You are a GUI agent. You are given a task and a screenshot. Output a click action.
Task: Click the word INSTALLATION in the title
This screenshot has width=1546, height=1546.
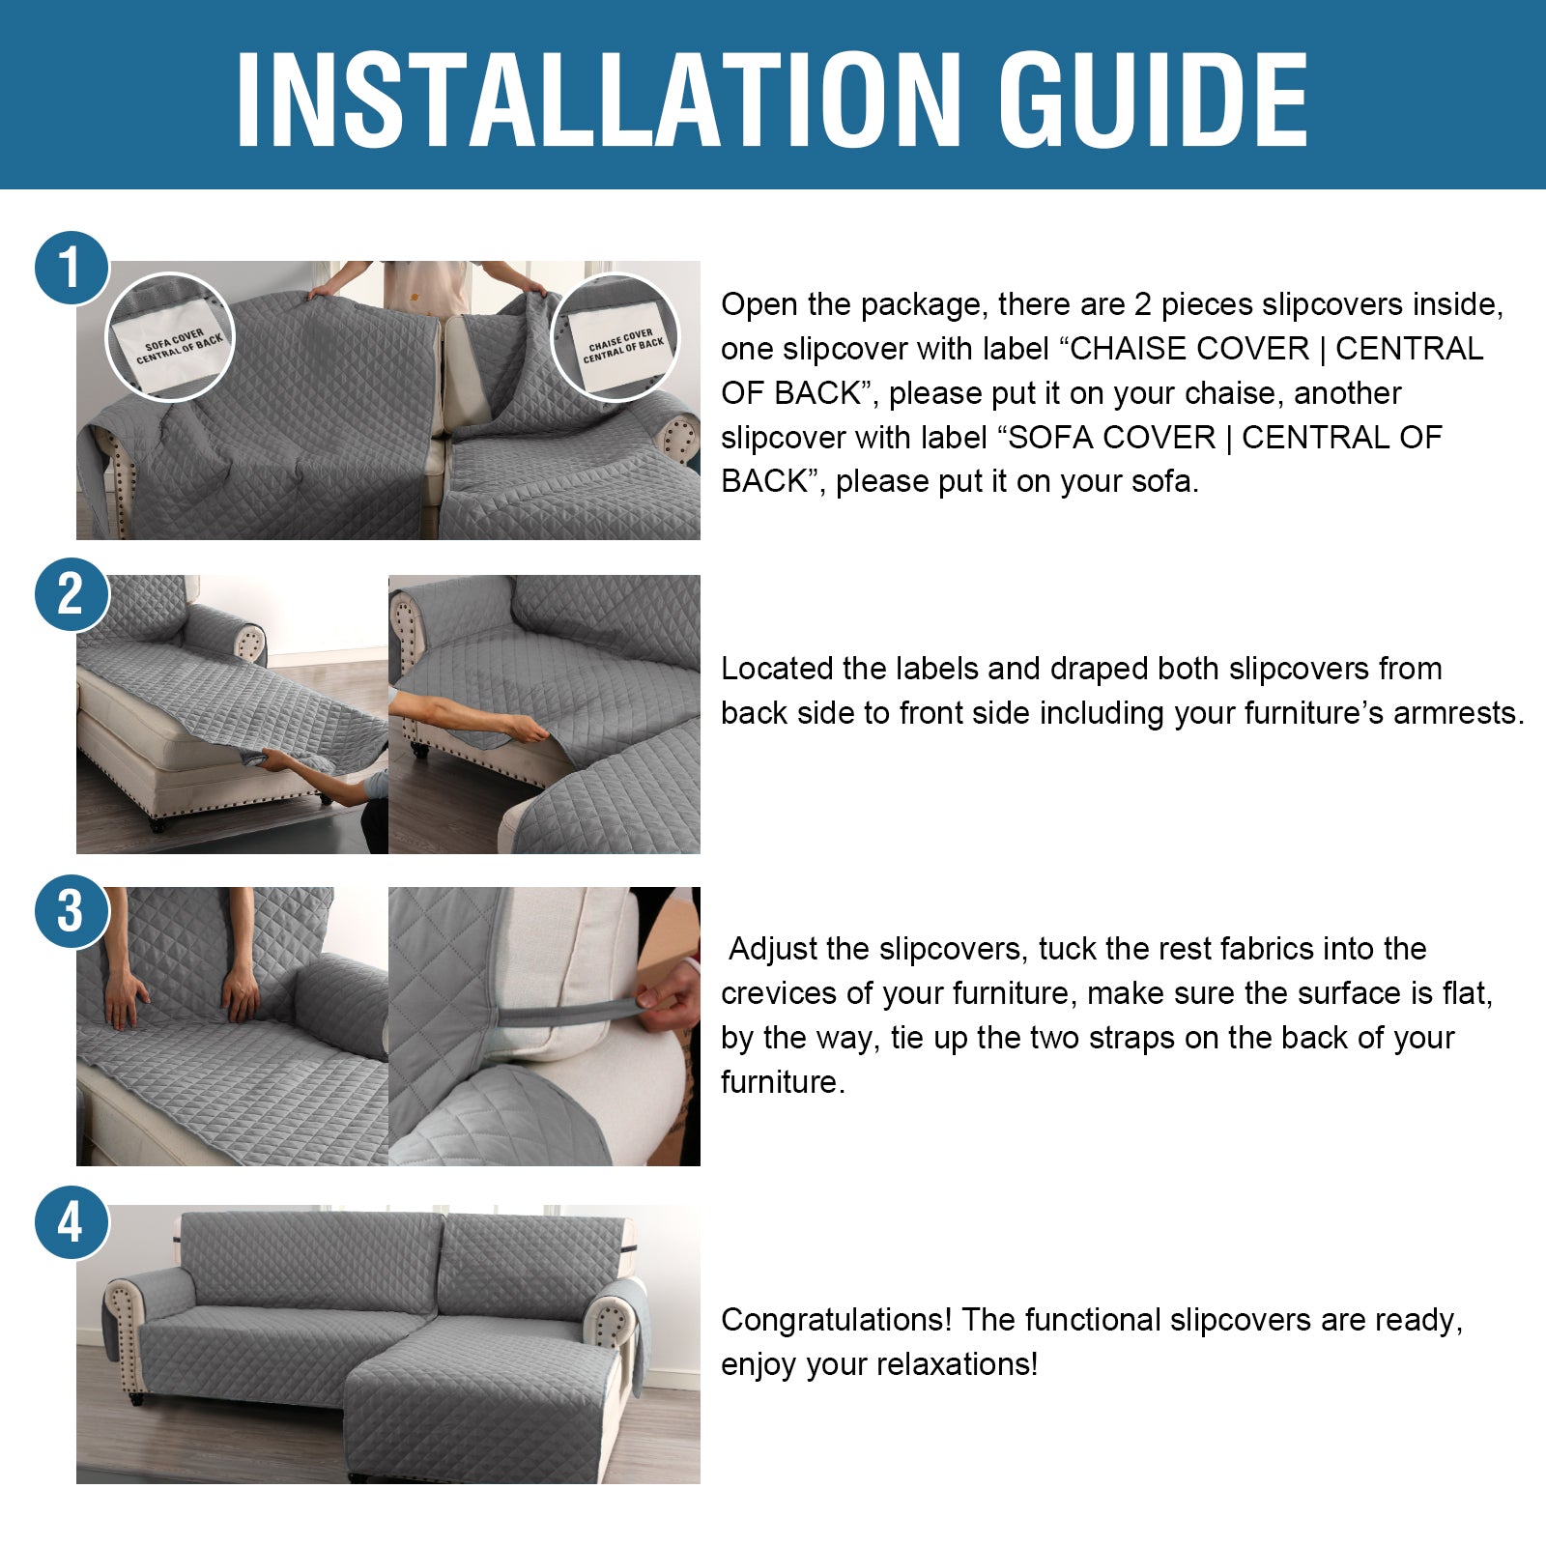click(x=599, y=100)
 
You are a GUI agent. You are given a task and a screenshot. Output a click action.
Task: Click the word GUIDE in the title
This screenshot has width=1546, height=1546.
click(x=1154, y=100)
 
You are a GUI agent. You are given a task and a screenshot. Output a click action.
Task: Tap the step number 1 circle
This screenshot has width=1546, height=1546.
click(x=72, y=268)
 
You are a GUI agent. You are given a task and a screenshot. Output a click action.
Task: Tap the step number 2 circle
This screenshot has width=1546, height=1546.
click(x=72, y=594)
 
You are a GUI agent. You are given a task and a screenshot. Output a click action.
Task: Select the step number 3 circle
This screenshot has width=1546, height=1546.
click(x=72, y=911)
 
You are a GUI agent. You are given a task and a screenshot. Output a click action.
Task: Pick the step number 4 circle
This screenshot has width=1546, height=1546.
click(x=72, y=1222)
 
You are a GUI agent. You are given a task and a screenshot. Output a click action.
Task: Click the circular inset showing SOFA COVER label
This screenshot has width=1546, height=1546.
click(x=169, y=337)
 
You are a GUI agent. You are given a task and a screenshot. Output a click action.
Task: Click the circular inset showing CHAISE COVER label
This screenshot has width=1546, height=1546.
click(x=615, y=337)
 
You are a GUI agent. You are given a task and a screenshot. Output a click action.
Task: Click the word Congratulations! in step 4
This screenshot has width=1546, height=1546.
click(x=837, y=1321)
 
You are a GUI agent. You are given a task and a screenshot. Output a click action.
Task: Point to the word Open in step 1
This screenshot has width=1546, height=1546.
click(x=759, y=305)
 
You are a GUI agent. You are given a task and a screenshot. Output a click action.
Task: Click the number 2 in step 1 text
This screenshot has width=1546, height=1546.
click(x=1143, y=304)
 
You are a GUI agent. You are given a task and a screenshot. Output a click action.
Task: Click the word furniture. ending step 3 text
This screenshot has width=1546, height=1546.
click(x=783, y=1082)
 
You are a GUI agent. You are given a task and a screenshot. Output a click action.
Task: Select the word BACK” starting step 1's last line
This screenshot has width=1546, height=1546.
click(x=773, y=480)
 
